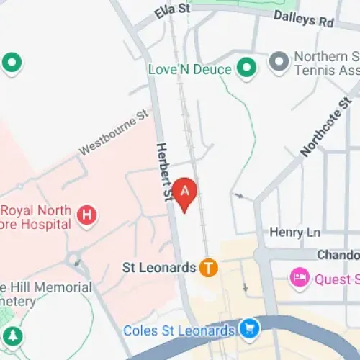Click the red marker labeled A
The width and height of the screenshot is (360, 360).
point(185,192)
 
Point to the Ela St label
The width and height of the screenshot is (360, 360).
point(172,11)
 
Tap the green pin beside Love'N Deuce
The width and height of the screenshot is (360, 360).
point(247,69)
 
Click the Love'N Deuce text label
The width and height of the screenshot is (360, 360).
point(189,70)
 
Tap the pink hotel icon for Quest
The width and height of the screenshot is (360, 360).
point(299,277)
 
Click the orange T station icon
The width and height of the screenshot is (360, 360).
point(209,268)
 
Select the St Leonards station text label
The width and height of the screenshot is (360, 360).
point(158,268)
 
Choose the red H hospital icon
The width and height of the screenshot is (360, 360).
point(87,214)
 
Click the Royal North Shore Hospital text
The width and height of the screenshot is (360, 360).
point(36,217)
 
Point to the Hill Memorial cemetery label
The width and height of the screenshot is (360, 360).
point(46,294)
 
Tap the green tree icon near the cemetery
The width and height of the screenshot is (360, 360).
point(12,336)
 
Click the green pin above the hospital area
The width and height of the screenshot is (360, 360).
point(12,63)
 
